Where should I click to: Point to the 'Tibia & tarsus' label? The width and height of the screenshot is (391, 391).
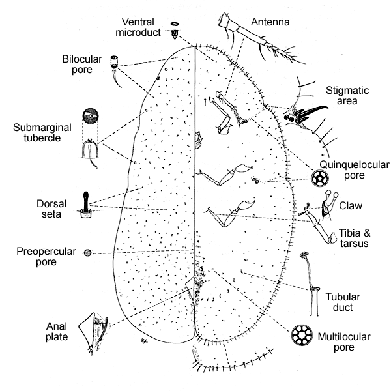(356, 238)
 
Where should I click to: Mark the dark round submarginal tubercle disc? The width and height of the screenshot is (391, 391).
(92, 118)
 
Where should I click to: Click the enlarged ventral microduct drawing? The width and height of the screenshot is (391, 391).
(175, 27)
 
